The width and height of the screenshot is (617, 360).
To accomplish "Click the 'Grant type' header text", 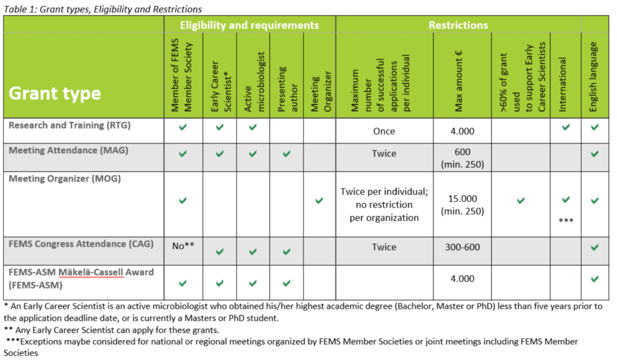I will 54,94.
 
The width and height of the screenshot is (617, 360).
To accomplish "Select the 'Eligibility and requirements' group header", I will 250,25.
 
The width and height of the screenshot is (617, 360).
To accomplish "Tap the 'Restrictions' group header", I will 458,25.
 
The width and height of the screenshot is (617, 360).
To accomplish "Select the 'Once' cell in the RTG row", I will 384,131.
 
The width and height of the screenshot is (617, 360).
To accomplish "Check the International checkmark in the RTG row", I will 565,127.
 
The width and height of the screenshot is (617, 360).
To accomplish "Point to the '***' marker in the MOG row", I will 565,221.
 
